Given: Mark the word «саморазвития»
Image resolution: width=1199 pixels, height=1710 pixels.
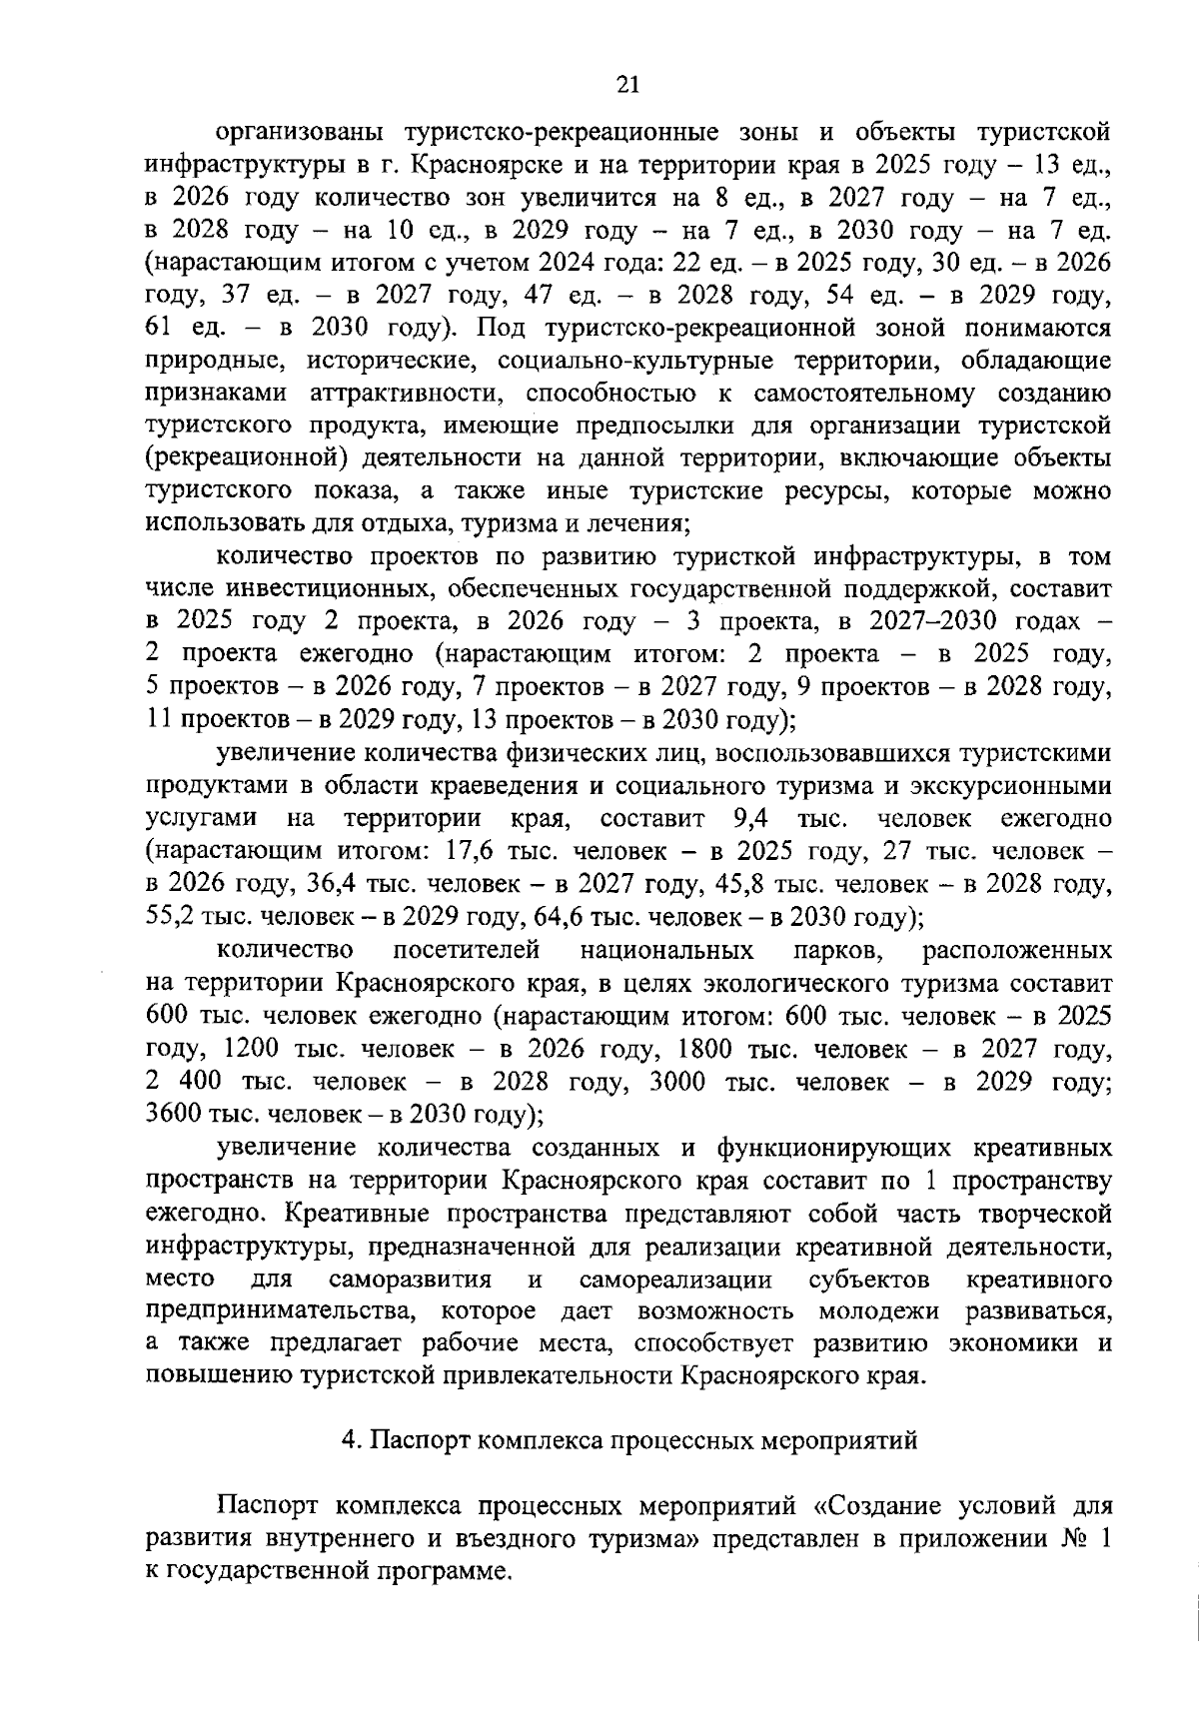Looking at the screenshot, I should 410,1278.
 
